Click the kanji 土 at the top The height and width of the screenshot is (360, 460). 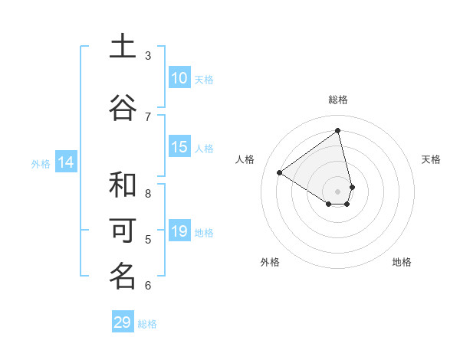point(123,47)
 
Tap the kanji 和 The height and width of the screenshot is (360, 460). point(123,185)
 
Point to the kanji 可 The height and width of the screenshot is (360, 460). point(123,231)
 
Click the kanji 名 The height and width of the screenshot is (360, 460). point(123,277)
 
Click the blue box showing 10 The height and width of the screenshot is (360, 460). point(179,78)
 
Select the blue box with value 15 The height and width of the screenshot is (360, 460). point(179,147)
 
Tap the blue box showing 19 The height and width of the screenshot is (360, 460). point(179,231)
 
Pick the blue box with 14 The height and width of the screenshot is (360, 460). point(66,162)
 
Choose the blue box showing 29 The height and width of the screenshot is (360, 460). point(123,322)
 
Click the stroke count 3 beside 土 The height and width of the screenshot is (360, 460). point(148,55)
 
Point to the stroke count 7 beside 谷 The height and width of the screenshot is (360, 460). point(148,116)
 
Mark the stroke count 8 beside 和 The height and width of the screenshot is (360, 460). point(148,193)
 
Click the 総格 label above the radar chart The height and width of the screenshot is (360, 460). point(338,100)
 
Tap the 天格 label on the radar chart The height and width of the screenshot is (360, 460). point(432,159)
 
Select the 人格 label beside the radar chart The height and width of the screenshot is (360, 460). point(245,159)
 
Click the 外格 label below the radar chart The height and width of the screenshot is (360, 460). point(270,262)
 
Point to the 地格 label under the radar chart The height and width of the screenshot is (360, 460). point(402,262)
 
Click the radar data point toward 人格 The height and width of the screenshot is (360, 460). point(279,172)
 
